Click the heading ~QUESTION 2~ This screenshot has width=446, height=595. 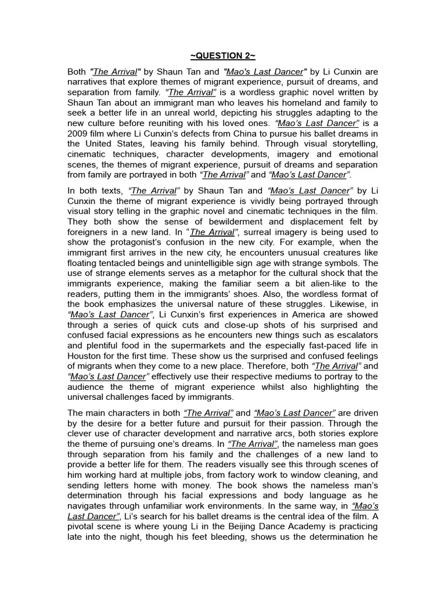(222, 56)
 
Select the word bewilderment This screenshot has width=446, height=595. (226, 222)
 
